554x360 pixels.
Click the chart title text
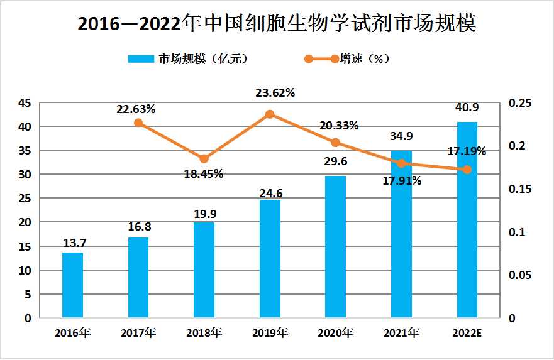277,24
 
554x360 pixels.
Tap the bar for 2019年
270,258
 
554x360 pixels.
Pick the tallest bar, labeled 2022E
467,219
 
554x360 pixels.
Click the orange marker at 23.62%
270,114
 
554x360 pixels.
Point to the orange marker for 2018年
204,159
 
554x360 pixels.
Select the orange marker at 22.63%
138,123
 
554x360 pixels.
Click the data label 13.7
72,243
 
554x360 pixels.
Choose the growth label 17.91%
402,180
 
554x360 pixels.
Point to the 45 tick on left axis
23,103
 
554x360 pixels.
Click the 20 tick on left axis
23,222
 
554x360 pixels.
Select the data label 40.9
467,108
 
